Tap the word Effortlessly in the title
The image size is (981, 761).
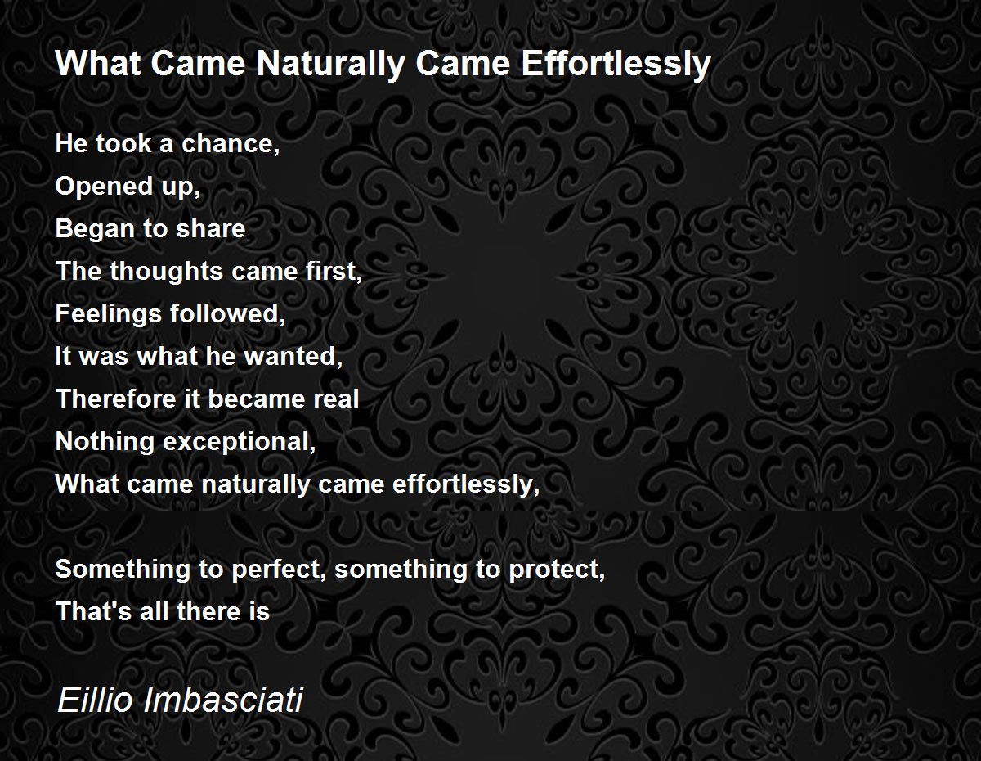pos(616,65)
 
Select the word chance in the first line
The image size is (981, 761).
pos(231,144)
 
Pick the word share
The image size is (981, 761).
pos(210,228)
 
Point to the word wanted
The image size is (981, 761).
pos(293,357)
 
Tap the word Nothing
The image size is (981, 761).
pos(105,442)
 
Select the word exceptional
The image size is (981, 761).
pos(240,442)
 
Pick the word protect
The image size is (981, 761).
pos(557,570)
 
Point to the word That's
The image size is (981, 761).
pos(93,612)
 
